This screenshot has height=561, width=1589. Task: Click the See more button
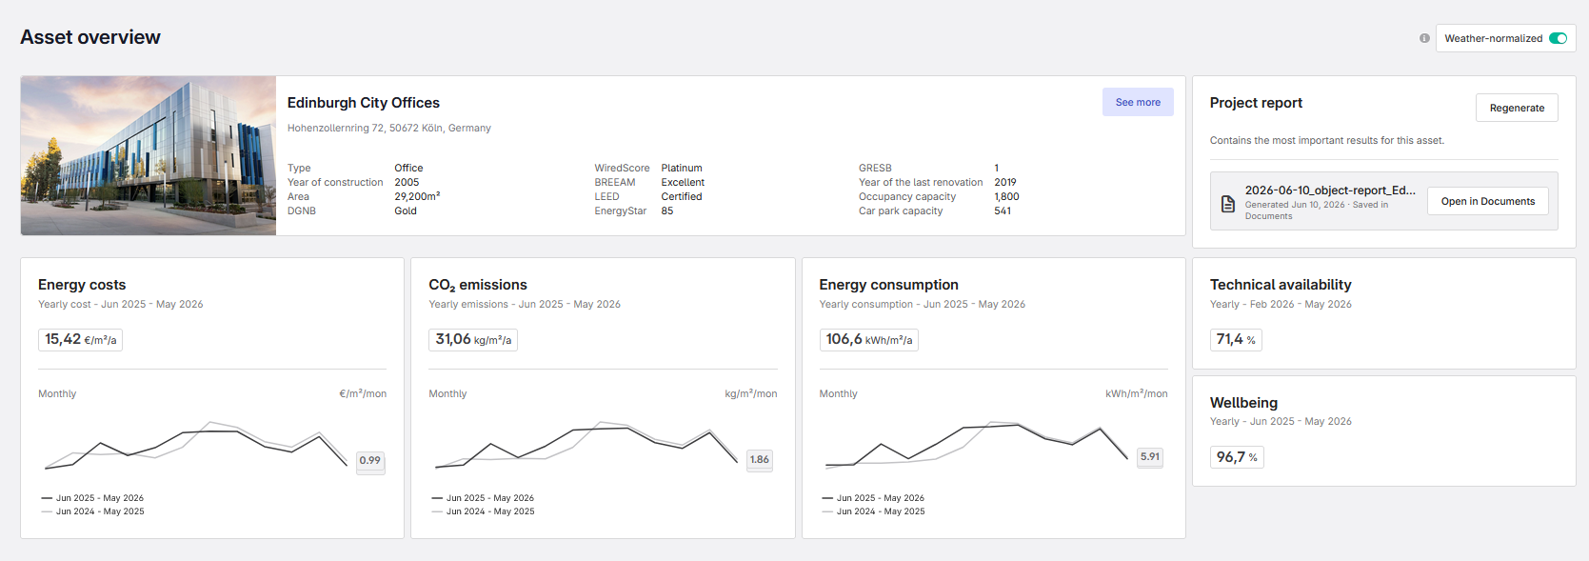[x=1137, y=102]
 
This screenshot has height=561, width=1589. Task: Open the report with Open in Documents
[x=1487, y=201]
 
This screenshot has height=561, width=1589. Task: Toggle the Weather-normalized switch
[x=1558, y=38]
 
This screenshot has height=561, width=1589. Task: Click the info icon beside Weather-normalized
[x=1424, y=38]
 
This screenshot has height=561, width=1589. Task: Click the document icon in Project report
[x=1227, y=204]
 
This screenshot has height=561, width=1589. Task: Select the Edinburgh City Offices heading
[x=363, y=103]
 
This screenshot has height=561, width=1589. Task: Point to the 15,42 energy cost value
[x=80, y=340]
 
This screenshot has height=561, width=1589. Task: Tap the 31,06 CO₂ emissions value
[x=473, y=340]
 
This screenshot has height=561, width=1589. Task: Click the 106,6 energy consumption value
[x=869, y=340]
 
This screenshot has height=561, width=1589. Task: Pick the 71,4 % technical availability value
[x=1236, y=340]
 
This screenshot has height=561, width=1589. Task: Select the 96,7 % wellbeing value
[x=1237, y=457]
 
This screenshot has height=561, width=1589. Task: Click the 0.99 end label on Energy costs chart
[x=370, y=460]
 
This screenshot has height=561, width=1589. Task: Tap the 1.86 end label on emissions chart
[x=760, y=460]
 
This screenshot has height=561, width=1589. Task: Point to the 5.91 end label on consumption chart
[x=1150, y=457]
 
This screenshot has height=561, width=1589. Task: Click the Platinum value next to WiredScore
[x=682, y=168]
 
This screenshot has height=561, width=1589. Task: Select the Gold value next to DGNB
[x=406, y=210]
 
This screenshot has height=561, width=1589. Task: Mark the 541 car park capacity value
[x=1003, y=210]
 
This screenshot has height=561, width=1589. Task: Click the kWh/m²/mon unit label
[x=1137, y=393]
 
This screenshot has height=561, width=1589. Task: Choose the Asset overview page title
[x=90, y=37]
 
